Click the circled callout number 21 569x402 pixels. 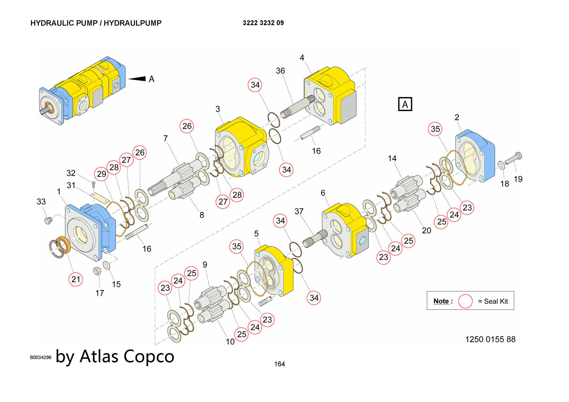pos(76,279)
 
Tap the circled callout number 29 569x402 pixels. pos(102,174)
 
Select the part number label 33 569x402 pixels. pos(41,202)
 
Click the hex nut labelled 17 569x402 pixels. pos(97,271)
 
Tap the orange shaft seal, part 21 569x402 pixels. pos(63,245)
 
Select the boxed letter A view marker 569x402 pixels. pos(405,104)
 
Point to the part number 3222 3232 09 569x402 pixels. pos(263,23)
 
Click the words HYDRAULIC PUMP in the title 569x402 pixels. pos(64,23)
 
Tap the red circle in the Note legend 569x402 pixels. pos(465,301)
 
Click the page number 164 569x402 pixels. pos(279,364)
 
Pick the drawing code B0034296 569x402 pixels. pos(41,357)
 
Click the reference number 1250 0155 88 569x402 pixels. pos(490,339)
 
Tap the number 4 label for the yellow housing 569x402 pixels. pos(302,58)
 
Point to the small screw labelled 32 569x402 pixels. pos(94,184)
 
